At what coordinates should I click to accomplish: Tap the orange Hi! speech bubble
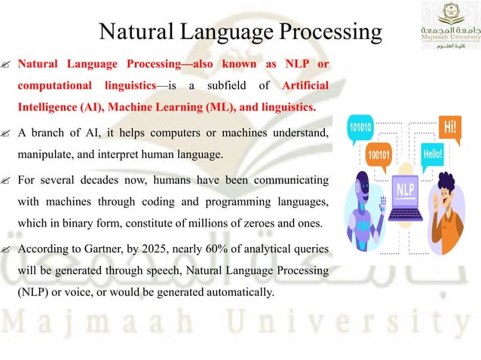tap(449, 126)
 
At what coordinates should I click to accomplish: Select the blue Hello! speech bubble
tap(434, 154)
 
